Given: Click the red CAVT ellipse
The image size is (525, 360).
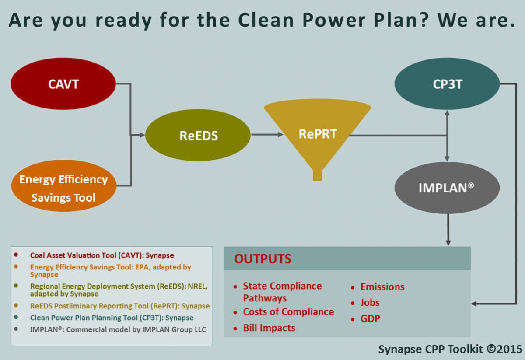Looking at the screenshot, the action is coord(63,84).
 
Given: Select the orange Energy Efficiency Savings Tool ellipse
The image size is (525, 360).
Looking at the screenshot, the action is coord(64,185).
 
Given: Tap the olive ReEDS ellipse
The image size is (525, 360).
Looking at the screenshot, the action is coord(198,135).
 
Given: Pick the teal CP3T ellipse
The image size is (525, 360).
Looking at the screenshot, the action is coord(447,84).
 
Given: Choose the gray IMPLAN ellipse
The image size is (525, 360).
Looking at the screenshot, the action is coord(447,188).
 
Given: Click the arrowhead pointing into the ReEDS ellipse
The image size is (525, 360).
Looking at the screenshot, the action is coord(142,135).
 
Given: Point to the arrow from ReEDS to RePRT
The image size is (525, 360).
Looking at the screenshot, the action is coord(267,135).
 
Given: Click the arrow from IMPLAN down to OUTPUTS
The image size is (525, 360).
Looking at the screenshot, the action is coord(448,230).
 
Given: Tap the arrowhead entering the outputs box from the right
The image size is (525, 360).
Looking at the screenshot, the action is coord(474,304).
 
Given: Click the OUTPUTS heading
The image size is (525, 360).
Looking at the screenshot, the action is coord(262,259).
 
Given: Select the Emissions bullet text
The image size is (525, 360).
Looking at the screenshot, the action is coord(382,287).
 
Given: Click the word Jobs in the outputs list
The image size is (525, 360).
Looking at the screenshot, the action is coord(370,303).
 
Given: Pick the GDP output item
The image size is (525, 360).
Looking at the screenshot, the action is coord(370,319).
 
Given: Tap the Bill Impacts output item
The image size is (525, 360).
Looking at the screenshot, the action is coord(269,328).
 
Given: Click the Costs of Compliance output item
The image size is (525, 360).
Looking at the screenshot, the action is coord(288,312).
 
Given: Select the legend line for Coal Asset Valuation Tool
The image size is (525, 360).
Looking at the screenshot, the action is coord(102,255).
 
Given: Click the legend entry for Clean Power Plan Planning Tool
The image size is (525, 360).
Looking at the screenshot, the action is coord(112,318).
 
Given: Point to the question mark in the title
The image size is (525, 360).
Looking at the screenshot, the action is coord(424,20).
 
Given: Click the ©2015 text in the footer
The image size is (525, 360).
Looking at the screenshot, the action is coord(504,349).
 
